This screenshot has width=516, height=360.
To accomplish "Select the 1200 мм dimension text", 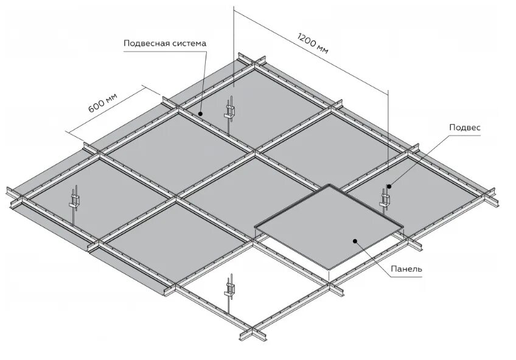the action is click(313, 42).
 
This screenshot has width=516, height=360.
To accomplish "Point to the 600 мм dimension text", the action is click(102, 102).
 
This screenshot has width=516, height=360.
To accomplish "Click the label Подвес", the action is click(465, 127).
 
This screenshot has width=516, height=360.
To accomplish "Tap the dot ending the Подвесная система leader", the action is click(200, 112).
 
